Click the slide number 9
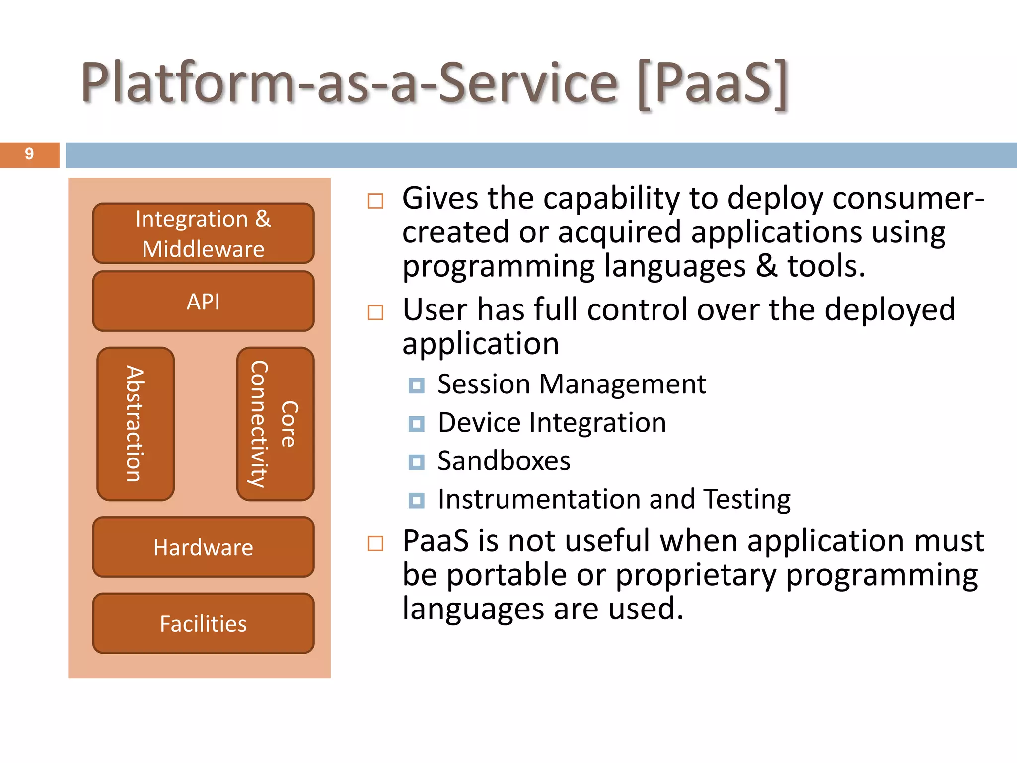pyautogui.click(x=29, y=154)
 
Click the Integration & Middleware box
pyautogui.click(x=203, y=233)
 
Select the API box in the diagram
pyautogui.click(x=203, y=302)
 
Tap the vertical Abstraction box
pyautogui.click(x=136, y=424)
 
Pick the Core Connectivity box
pyautogui.click(x=275, y=424)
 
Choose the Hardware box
pyautogui.click(x=203, y=547)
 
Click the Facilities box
pyautogui.click(x=203, y=623)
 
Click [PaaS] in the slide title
pyautogui.click(x=713, y=83)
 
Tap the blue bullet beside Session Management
pyautogui.click(x=416, y=385)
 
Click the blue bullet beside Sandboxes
pyautogui.click(x=416, y=462)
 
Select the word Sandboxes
pyautogui.click(x=504, y=461)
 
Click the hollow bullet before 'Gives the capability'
pyautogui.click(x=375, y=201)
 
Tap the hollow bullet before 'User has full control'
pyautogui.click(x=375, y=312)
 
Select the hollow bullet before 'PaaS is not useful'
pyautogui.click(x=375, y=543)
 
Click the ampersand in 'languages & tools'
pyautogui.click(x=766, y=266)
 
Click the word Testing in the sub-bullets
pyautogui.click(x=747, y=499)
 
